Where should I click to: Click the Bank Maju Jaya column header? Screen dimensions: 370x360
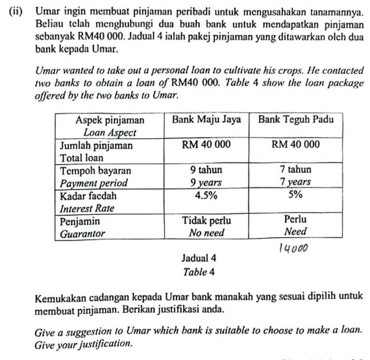(206, 120)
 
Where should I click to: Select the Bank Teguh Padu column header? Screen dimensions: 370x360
(296, 120)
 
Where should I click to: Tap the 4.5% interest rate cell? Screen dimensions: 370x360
(206, 194)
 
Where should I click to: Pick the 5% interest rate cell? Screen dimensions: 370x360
(295, 194)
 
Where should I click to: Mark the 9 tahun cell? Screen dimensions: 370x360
(206, 170)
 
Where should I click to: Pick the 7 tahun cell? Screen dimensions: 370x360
(295, 170)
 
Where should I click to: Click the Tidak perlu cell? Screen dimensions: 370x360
(206, 220)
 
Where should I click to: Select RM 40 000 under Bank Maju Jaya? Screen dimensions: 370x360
(206, 145)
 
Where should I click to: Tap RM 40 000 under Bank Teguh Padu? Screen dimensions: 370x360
(295, 145)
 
